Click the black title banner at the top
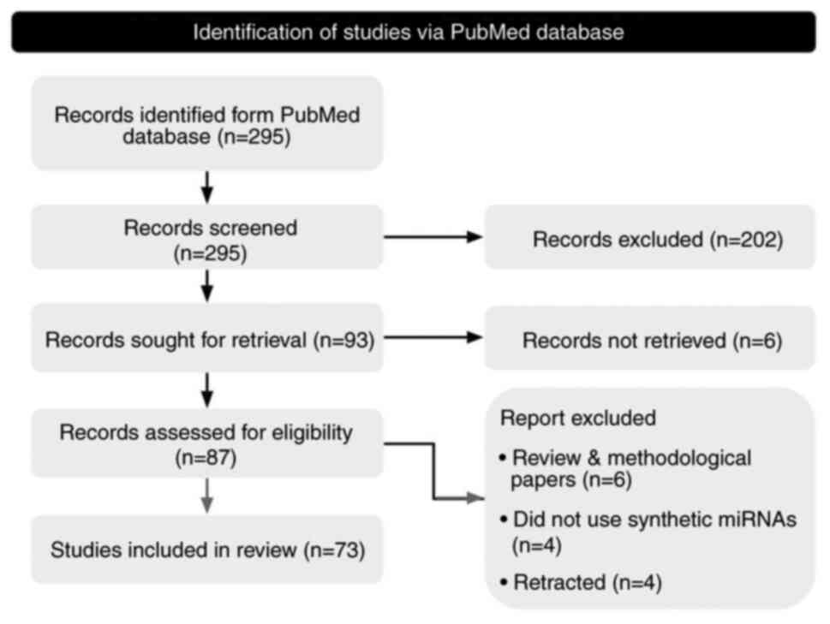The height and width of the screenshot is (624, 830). pos(414,32)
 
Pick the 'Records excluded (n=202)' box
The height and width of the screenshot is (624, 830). pos(649,240)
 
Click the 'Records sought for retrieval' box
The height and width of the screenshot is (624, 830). pos(206,340)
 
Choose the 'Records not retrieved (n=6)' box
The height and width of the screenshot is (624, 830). pos(649,340)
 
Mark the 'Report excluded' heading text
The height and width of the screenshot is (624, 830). pos(578,419)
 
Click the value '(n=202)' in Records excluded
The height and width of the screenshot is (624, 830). pos(746,240)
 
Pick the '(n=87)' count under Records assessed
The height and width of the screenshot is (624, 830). pos(206,456)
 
